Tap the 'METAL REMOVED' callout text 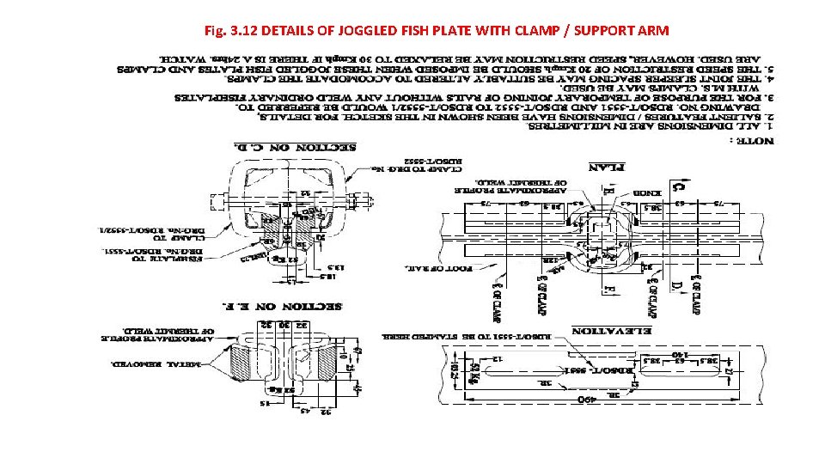pyautogui.click(x=146, y=363)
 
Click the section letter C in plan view pyautogui.click(x=677, y=185)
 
